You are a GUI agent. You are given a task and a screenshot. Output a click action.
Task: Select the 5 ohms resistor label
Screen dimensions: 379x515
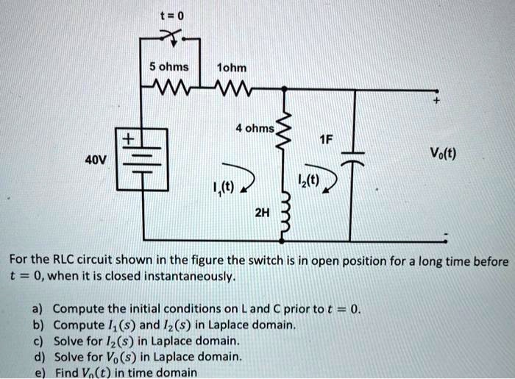point(168,67)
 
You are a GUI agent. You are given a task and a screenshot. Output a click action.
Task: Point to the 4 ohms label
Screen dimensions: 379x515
point(255,128)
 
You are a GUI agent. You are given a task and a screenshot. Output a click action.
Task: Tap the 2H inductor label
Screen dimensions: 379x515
point(261,213)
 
